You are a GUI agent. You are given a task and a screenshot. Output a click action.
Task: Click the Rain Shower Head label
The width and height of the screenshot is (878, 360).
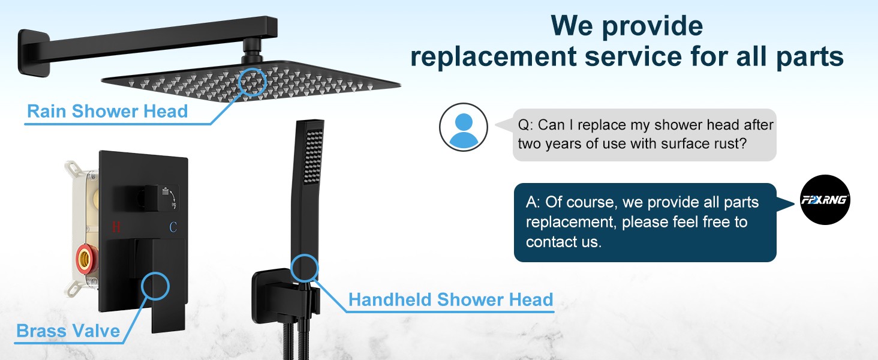pyautogui.click(x=107, y=112)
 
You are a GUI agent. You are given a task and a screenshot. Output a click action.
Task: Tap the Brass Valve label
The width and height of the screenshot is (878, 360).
pyautogui.click(x=68, y=331)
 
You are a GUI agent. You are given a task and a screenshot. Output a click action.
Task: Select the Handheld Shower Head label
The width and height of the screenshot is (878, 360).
pyautogui.click(x=451, y=299)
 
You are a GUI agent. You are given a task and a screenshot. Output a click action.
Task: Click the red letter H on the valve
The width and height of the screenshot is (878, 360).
pyautogui.click(x=116, y=227)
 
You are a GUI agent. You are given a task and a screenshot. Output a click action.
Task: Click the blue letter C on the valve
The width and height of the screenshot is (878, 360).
pyautogui.click(x=173, y=227)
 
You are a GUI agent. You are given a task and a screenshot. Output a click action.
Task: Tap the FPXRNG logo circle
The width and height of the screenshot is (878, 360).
pyautogui.click(x=825, y=200)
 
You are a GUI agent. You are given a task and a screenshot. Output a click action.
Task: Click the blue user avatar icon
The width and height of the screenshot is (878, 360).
pyautogui.click(x=464, y=127)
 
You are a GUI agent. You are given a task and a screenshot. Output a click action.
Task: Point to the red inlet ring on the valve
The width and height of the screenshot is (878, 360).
pyautogui.click(x=83, y=259)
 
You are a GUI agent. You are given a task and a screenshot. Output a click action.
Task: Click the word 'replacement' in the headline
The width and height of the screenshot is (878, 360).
pyautogui.click(x=494, y=56)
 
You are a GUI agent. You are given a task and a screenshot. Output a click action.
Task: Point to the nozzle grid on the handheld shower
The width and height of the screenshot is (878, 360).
pyautogui.click(x=314, y=157)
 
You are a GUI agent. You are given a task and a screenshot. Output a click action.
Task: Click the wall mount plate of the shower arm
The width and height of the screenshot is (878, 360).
pyautogui.click(x=34, y=53)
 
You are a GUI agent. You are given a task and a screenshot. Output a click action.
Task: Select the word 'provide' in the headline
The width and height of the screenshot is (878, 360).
pyautogui.click(x=653, y=26)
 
